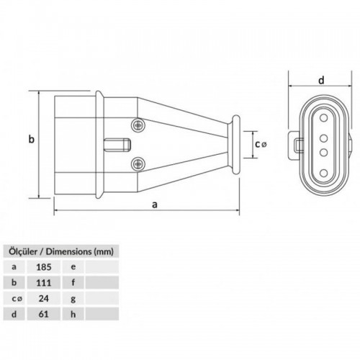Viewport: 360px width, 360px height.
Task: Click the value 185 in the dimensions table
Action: click(x=44, y=267)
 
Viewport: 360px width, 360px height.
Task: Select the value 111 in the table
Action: click(x=44, y=283)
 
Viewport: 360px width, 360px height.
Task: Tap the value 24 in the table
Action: click(x=44, y=299)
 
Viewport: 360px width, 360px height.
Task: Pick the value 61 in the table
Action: click(x=43, y=314)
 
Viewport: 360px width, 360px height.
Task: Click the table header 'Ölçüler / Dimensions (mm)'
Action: click(x=61, y=252)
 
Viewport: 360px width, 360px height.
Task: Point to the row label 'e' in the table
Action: click(x=73, y=267)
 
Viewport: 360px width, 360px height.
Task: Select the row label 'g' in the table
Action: click(x=73, y=300)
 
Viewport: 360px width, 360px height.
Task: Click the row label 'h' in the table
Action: click(x=73, y=314)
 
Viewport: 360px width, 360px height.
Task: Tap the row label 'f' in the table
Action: click(x=73, y=283)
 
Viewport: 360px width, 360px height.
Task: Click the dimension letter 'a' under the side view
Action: click(x=155, y=204)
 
